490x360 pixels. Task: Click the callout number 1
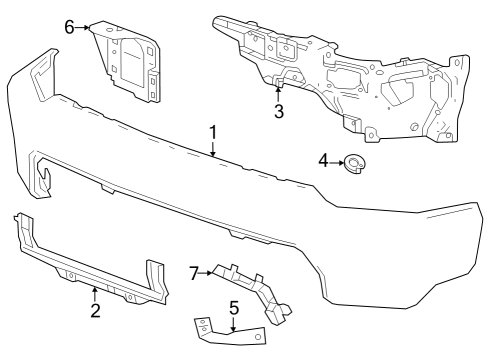tap(213, 131)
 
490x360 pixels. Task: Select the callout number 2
tap(94, 310)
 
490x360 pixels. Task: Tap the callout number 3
tap(279, 110)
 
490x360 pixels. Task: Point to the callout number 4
tap(324, 160)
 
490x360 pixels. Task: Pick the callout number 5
tap(233, 308)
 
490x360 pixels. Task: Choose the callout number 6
tap(70, 27)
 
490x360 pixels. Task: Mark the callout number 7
tap(195, 271)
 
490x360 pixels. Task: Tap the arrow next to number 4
tap(338, 161)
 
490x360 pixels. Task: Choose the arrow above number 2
tap(94, 293)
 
